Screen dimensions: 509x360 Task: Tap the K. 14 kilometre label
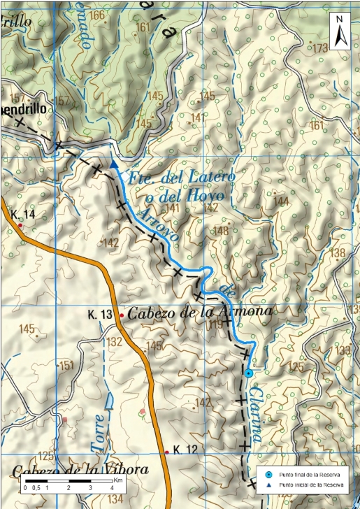click(x=23, y=214)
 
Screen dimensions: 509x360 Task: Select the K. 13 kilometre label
click(x=101, y=316)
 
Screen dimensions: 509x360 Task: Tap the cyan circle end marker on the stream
click(x=249, y=373)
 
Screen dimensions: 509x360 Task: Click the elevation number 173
click(x=321, y=48)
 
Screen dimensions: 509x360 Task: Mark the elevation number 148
click(x=222, y=231)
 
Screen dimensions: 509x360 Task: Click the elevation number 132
click(x=115, y=342)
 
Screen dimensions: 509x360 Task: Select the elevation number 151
click(x=66, y=365)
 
